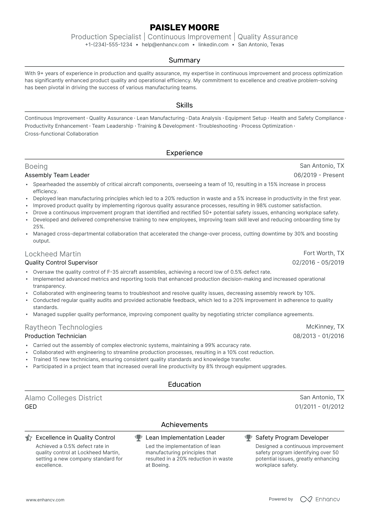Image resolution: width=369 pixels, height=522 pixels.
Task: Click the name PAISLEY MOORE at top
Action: click(184, 27)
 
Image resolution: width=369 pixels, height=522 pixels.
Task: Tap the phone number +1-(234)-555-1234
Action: click(109, 45)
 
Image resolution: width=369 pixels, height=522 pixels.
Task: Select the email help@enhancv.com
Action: click(165, 45)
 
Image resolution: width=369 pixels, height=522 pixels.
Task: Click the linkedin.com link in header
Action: click(213, 45)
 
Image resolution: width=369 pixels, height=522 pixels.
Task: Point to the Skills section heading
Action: click(184, 105)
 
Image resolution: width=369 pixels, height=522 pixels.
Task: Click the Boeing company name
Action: click(36, 166)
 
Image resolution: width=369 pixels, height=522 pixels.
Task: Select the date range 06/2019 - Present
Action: click(319, 175)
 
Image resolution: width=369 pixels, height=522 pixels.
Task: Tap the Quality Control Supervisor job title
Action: click(61, 263)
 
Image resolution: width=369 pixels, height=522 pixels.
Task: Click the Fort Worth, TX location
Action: click(324, 253)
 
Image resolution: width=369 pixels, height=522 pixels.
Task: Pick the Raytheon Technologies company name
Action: click(63, 327)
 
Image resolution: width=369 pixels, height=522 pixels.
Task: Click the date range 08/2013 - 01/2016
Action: click(318, 336)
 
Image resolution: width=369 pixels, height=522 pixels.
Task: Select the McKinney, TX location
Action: click(325, 327)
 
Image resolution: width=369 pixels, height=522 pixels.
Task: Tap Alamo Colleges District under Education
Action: click(63, 398)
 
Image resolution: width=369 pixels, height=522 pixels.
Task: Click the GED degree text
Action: click(31, 407)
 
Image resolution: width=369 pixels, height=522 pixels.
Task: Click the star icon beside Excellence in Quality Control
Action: click(29, 438)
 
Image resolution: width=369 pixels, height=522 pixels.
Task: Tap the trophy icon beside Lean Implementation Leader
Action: click(138, 438)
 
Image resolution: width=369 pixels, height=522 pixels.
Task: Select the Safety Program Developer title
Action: click(292, 438)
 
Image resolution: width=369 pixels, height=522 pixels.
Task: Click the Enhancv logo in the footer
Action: click(320, 499)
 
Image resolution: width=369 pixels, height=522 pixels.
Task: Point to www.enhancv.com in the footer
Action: click(45, 500)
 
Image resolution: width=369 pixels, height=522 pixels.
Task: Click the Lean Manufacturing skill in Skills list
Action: click(160, 118)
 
